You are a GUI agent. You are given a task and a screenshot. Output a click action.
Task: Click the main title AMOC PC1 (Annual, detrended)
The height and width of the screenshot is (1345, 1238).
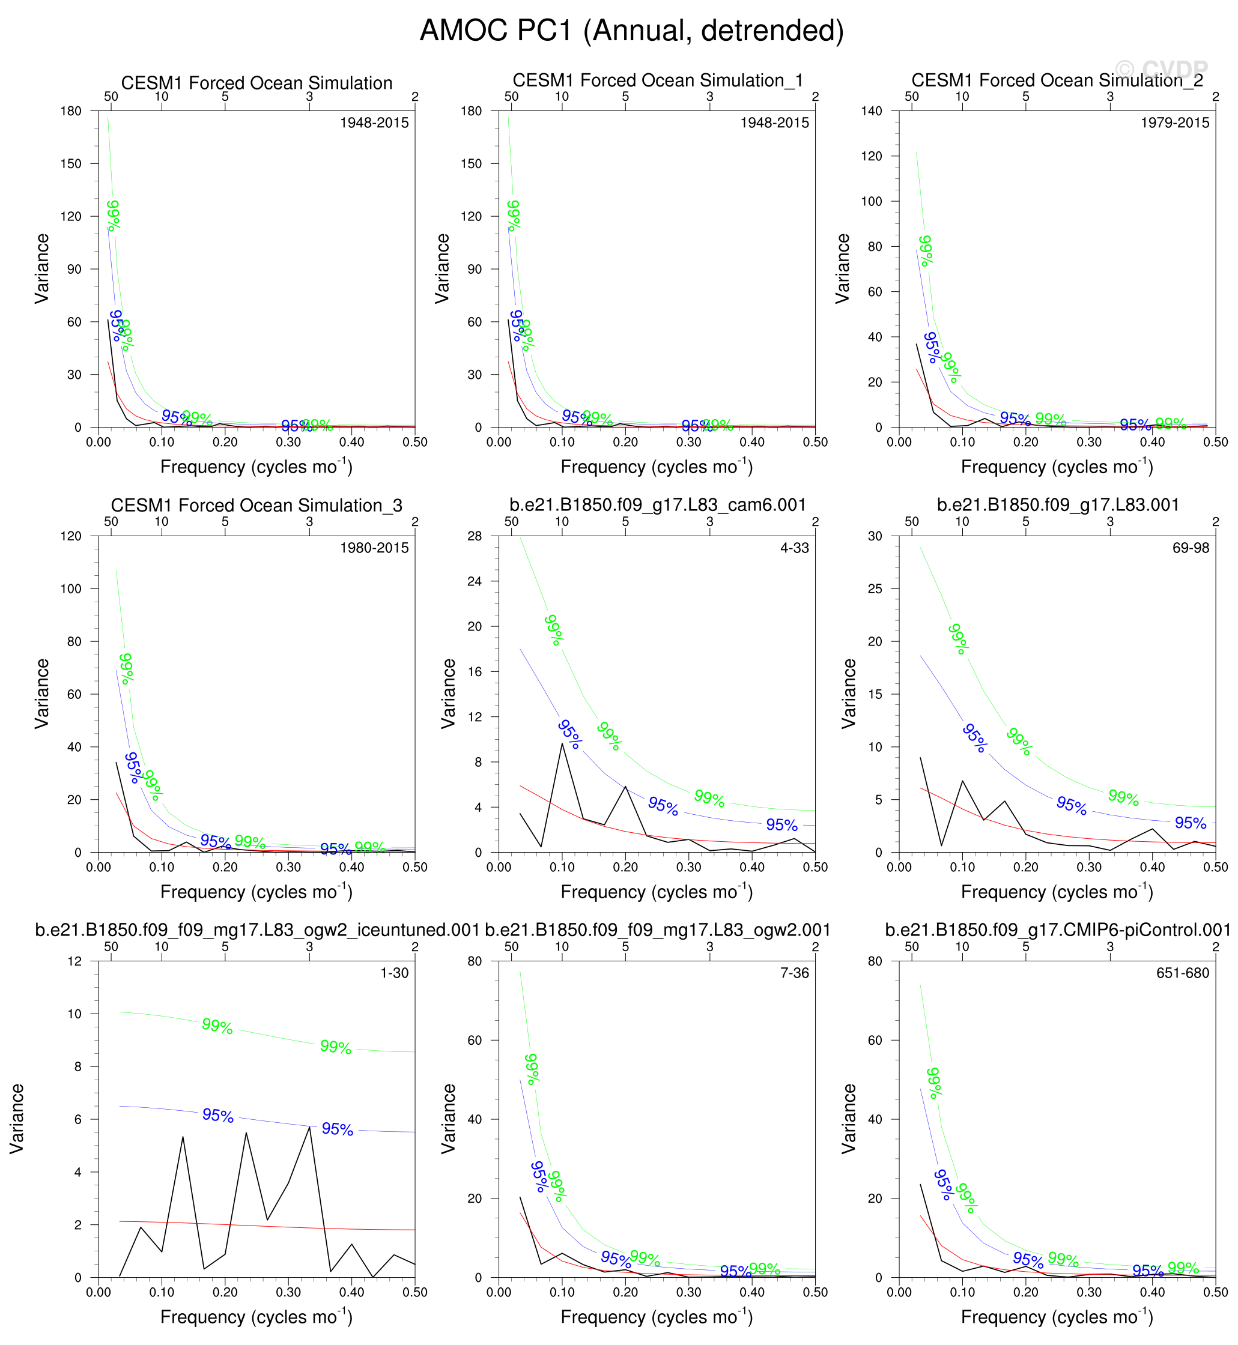[631, 31]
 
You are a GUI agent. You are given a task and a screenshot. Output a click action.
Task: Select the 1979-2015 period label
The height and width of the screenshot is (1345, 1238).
[1174, 122]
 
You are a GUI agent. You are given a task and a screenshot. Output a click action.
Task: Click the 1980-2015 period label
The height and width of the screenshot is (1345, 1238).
[374, 548]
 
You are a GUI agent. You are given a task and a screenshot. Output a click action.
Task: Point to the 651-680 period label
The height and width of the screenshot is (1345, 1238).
[1182, 973]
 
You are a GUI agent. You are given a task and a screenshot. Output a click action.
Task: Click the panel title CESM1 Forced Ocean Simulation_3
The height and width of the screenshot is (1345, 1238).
[256, 506]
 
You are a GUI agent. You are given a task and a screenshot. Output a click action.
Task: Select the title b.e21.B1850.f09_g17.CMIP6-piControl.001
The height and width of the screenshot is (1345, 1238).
[1057, 930]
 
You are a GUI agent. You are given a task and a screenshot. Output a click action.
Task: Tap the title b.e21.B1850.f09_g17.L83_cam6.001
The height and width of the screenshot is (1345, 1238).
[657, 505]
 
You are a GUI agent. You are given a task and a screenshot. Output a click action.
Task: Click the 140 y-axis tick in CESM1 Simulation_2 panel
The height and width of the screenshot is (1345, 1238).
[872, 111]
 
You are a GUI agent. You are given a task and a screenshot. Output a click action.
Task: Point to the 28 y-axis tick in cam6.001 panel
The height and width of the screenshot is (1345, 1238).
[475, 536]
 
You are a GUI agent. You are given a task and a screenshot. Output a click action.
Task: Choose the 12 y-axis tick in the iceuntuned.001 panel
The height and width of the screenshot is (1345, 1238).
[74, 961]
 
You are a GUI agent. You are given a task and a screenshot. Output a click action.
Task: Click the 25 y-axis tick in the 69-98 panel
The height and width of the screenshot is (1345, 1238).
[875, 589]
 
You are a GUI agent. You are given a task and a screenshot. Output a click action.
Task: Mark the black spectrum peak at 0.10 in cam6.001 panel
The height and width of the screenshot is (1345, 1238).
[562, 744]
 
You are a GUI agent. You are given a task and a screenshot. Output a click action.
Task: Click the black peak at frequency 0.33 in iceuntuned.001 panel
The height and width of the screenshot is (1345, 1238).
[309, 1127]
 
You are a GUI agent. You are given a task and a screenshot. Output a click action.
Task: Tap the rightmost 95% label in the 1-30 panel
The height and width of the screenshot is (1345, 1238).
[337, 1129]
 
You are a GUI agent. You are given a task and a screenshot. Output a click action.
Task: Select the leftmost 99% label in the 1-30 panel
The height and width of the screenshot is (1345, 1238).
[217, 1026]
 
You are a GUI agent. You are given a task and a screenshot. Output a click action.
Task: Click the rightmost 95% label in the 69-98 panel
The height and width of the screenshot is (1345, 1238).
[1191, 823]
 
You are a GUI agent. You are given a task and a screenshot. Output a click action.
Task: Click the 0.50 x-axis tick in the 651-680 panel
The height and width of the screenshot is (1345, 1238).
[1215, 1292]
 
